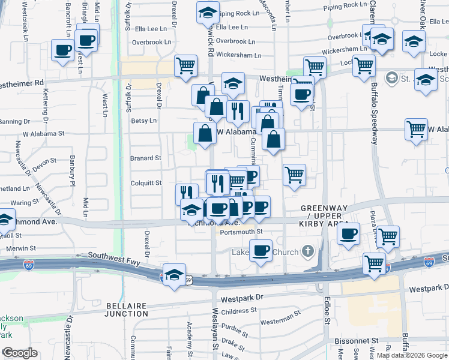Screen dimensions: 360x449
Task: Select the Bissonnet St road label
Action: pos(355,340)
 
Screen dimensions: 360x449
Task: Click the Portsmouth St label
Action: pos(241,232)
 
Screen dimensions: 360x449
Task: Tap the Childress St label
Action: pos(238,311)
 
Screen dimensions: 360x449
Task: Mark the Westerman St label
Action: pos(281,316)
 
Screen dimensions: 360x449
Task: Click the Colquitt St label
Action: pos(146,183)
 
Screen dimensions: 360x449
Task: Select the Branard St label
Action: pos(146,158)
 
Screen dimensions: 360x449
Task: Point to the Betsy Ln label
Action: pos(143,121)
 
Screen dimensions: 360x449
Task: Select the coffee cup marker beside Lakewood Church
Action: pos(261,250)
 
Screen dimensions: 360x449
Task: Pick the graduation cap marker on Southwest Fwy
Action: pos(174,275)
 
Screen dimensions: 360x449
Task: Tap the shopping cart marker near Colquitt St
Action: pos(294,175)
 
